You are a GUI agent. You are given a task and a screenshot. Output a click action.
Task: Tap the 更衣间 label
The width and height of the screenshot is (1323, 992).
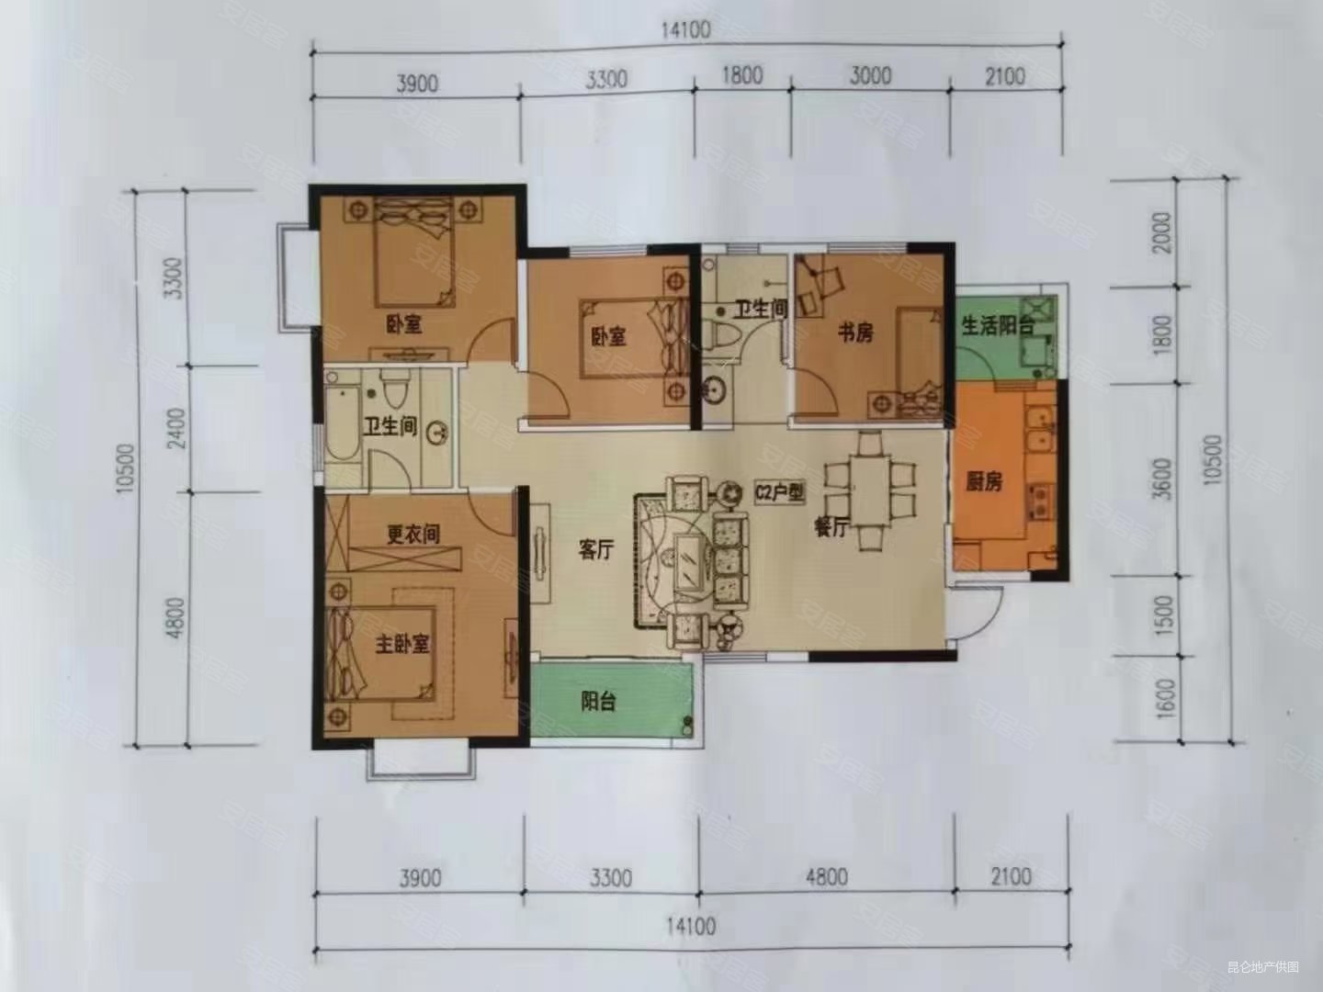(413, 534)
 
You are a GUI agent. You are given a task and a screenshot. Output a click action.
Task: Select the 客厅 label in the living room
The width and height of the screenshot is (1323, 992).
(595, 550)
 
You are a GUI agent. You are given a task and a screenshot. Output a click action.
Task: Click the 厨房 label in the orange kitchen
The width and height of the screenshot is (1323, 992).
(983, 481)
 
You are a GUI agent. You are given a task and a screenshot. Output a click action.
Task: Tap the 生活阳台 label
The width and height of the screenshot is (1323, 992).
(998, 325)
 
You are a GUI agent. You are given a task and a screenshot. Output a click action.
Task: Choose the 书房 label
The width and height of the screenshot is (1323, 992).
(854, 333)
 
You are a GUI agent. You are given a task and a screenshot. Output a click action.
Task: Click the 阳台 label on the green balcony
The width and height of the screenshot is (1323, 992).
(597, 703)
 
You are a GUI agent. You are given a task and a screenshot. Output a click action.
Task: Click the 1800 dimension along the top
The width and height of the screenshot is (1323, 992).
(741, 74)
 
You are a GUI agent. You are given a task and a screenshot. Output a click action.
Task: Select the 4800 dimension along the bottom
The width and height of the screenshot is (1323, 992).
(826, 877)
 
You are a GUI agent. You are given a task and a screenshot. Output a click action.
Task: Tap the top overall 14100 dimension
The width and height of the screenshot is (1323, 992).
(685, 30)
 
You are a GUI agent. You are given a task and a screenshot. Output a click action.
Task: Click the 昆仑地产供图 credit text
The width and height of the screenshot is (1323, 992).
(1263, 967)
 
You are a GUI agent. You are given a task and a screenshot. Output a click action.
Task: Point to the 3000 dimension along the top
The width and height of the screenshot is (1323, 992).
(868, 74)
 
